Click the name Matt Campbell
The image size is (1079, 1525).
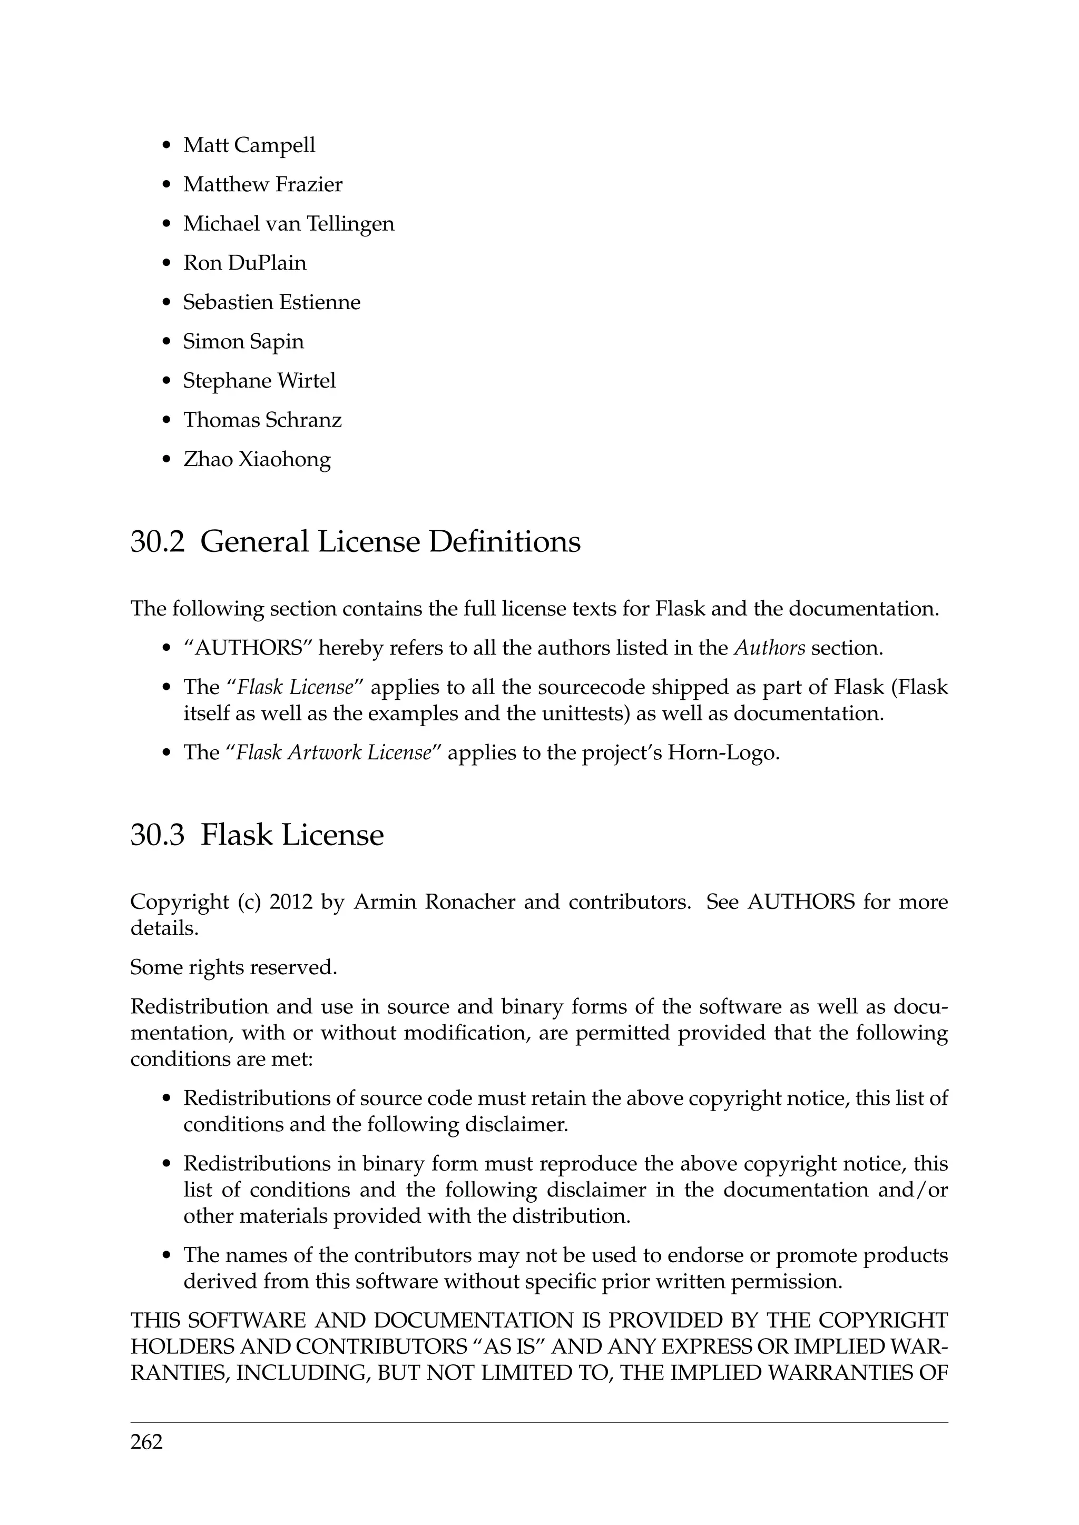coord(249,145)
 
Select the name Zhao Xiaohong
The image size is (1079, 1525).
coord(257,459)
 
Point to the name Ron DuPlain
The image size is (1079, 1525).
coord(244,263)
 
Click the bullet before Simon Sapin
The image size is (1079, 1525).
coord(167,343)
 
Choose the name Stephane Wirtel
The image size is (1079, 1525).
coord(259,381)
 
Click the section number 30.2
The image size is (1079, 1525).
coord(157,541)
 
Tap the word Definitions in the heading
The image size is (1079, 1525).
coord(504,541)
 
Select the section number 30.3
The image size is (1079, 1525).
coord(157,834)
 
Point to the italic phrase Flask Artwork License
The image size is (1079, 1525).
coord(333,752)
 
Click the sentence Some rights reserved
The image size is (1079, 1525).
coord(234,967)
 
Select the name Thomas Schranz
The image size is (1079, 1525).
coord(262,420)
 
